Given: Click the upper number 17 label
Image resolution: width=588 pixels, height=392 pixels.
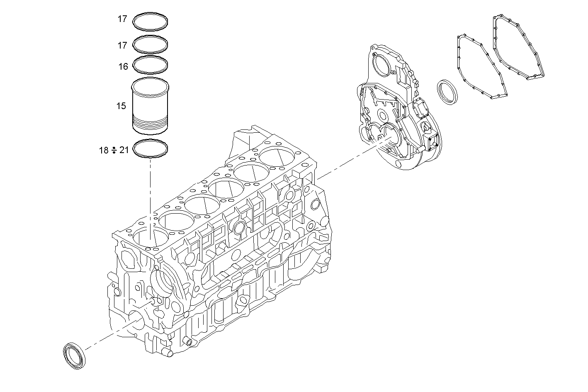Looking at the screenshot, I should [122, 19].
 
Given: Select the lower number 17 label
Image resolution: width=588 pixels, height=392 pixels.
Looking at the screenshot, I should [122, 45].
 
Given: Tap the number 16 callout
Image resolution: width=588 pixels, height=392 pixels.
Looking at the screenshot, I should [123, 66].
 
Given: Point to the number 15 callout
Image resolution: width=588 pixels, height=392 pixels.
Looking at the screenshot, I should [121, 106].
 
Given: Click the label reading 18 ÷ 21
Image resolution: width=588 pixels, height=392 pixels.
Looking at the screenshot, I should [114, 150].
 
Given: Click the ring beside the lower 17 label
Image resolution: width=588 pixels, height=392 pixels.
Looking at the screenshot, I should [150, 44].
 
